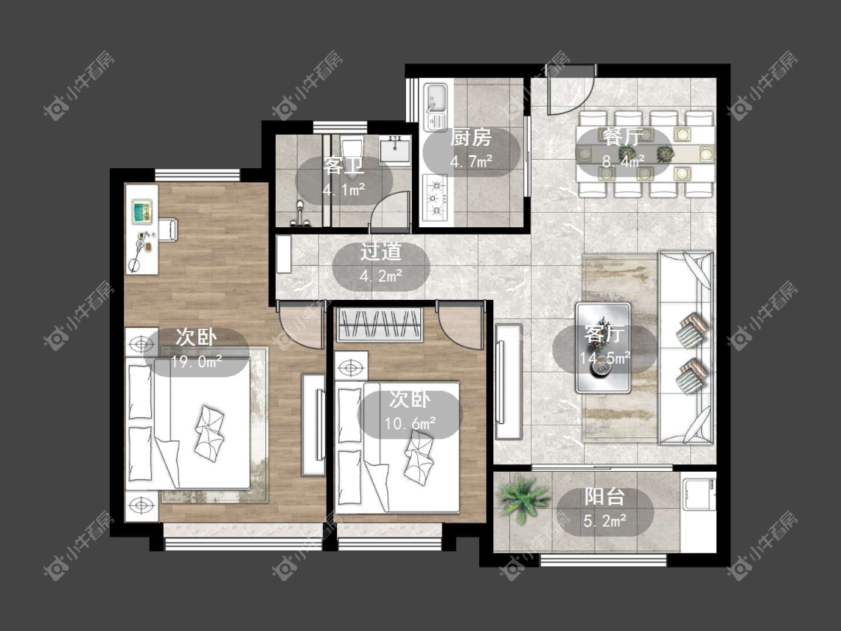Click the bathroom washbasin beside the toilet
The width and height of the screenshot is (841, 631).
395,149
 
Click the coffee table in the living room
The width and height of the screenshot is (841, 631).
603,348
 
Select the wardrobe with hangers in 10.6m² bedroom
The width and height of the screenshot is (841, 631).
379,324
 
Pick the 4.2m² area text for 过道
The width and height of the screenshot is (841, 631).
381,277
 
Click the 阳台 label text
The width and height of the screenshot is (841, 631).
605,496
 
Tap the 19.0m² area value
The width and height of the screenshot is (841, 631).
197,362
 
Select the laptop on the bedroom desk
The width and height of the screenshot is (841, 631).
143,212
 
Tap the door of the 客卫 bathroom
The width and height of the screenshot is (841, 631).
390,209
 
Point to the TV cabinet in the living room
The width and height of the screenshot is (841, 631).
508,381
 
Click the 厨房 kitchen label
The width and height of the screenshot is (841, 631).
470,138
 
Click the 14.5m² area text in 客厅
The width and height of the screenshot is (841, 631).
605,357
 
